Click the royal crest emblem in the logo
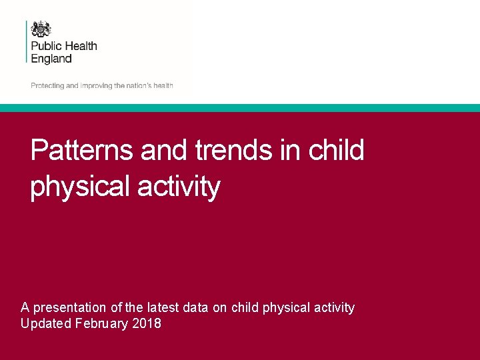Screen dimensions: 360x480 pos(41,29)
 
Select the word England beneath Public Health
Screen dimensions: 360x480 pos(51,59)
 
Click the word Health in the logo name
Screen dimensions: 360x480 pos(81,46)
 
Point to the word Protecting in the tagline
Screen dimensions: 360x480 pos(47,86)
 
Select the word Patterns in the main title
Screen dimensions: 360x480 pos(83,150)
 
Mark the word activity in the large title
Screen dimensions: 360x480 pos(178,187)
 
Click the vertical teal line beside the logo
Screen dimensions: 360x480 pos(27,41)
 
